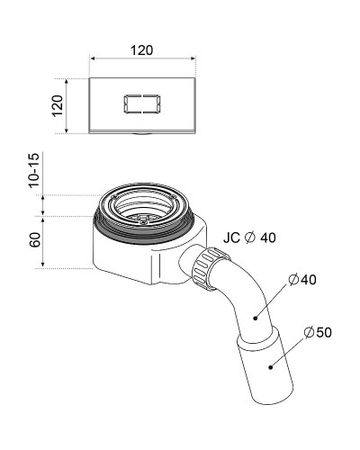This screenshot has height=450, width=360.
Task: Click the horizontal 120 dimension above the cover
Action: [x=141, y=50]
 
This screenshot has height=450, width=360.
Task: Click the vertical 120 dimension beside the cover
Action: [x=58, y=105]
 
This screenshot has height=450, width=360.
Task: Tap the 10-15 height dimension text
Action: [x=33, y=170]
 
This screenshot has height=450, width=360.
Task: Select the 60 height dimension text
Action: [x=35, y=239]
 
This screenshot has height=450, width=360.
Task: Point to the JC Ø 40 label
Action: [x=249, y=238]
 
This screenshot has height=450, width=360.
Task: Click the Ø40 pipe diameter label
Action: [x=302, y=280]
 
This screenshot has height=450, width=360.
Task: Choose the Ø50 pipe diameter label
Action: [x=318, y=332]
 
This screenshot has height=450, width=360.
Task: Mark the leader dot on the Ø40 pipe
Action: [x=256, y=318]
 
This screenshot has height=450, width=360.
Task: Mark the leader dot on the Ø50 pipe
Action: [x=271, y=366]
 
